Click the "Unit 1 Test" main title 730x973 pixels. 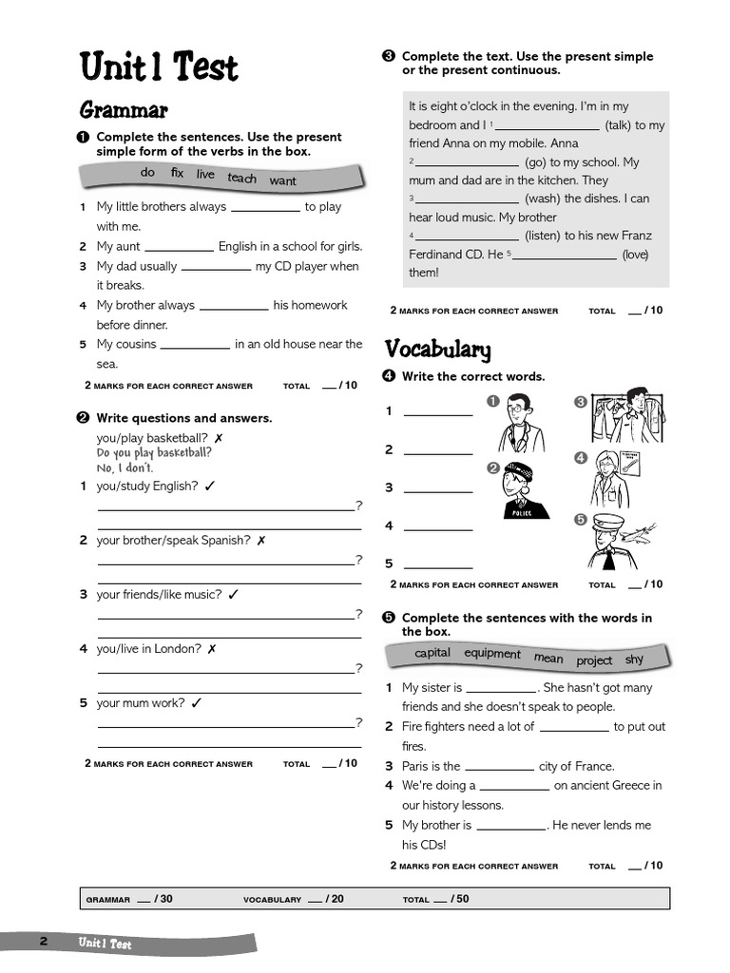(x=159, y=67)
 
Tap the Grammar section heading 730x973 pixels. (x=124, y=110)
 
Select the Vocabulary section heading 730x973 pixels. (x=437, y=350)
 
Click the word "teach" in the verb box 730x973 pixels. (x=241, y=178)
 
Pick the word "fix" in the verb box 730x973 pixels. (x=177, y=173)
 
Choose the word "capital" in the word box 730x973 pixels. (x=432, y=653)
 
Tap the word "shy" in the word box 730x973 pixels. (x=634, y=659)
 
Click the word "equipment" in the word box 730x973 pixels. (x=492, y=654)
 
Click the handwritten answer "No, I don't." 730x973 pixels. (x=125, y=468)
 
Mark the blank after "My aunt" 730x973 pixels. (x=179, y=247)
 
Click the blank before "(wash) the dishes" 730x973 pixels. (x=467, y=200)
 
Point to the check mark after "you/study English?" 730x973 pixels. (x=210, y=486)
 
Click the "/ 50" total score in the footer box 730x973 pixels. (x=459, y=898)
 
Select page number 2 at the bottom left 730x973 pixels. (x=43, y=942)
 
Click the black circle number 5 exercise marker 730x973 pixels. (x=388, y=618)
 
